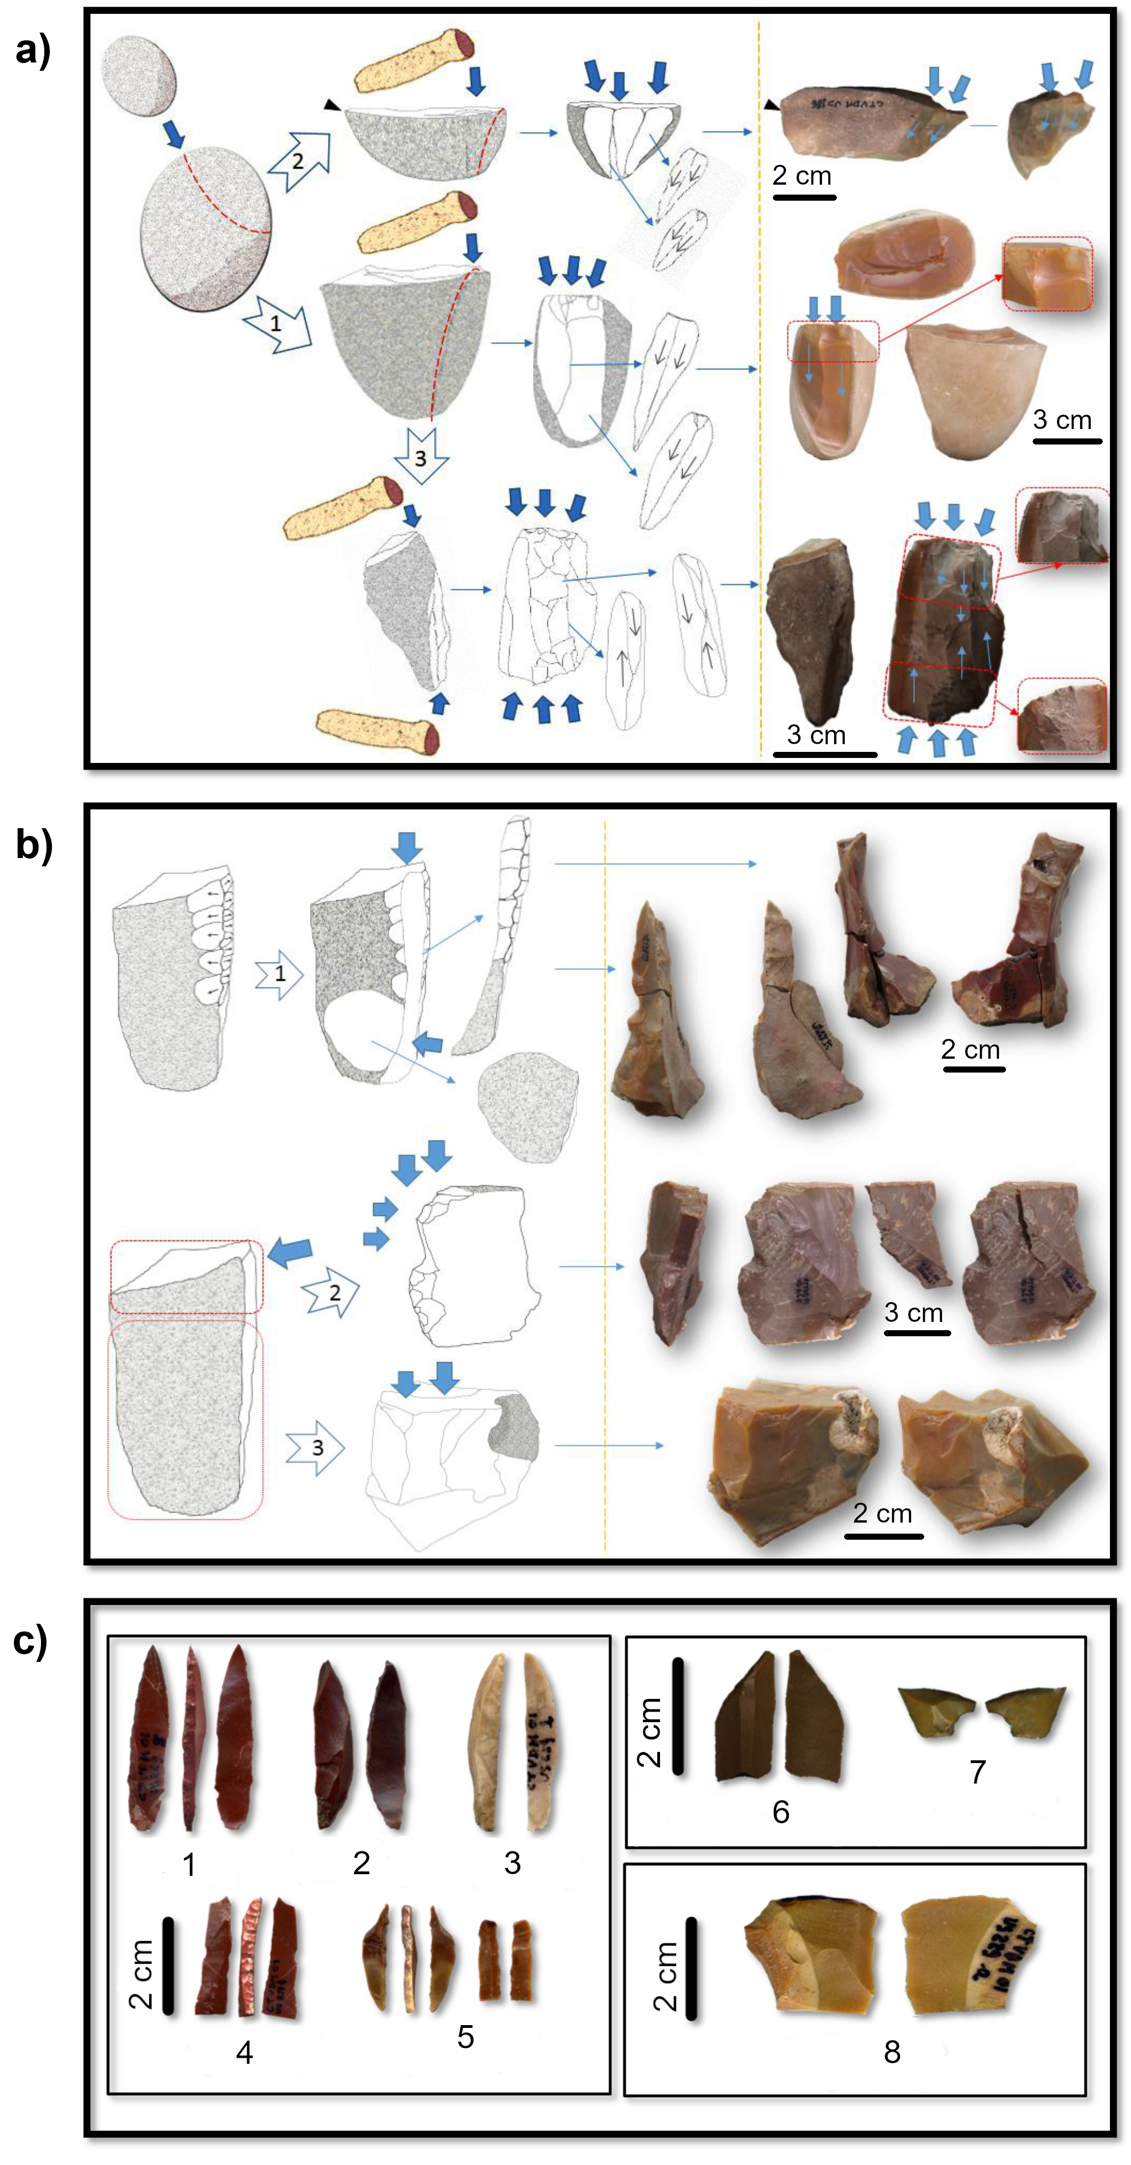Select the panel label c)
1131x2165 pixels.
tap(33, 1639)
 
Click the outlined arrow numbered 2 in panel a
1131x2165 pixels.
tap(299, 160)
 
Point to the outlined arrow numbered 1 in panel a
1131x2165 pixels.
tap(276, 322)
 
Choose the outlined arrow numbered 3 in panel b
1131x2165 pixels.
tap(316, 1447)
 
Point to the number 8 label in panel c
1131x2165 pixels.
tap(892, 2052)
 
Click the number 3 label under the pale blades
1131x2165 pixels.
tap(512, 1863)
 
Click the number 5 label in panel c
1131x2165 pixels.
tap(465, 2036)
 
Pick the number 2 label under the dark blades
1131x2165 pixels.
tap(362, 1863)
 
